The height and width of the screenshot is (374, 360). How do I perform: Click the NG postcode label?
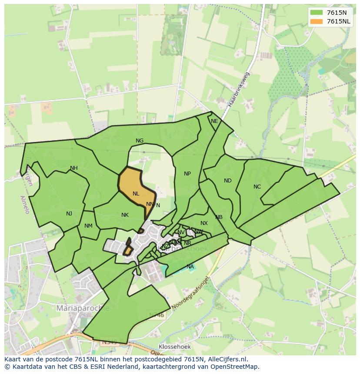[140, 141]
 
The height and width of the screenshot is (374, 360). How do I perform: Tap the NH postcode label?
[74, 168]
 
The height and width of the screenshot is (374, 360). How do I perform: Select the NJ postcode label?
[69, 213]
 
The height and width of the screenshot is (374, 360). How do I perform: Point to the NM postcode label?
[88, 225]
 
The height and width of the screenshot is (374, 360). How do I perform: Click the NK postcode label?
[125, 215]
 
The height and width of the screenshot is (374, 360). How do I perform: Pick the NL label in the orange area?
[136, 194]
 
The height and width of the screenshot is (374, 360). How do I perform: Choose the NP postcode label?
[187, 174]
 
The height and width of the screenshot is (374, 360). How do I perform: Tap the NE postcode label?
[214, 121]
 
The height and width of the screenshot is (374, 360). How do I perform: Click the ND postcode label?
[228, 181]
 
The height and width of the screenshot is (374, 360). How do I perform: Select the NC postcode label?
[257, 187]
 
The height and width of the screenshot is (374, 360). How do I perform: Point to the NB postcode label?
[219, 217]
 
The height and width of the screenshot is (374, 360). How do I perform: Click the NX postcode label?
[204, 223]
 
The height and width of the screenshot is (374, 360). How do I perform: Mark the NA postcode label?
[190, 266]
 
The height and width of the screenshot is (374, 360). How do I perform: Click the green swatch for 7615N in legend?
[317, 12]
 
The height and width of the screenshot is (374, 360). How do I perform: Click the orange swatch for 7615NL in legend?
[317, 21]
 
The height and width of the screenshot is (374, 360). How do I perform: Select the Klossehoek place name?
[175, 347]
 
